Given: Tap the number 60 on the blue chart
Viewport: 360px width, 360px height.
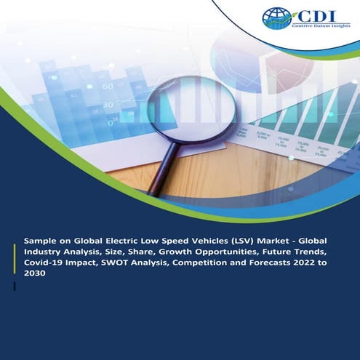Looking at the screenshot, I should [x=107, y=86].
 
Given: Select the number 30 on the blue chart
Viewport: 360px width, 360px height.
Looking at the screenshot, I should [x=107, y=105].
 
